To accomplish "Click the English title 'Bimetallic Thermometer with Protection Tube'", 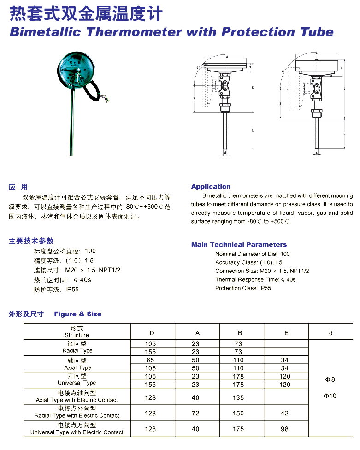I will [x=171, y=32].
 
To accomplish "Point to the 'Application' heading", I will [x=211, y=186].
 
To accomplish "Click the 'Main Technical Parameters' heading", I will [x=239, y=244].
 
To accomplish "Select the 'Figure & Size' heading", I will [x=77, y=314].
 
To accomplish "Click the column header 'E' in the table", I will [x=286, y=333].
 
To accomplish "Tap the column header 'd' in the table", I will [x=330, y=333].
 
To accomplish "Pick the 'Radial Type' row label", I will [x=77, y=351].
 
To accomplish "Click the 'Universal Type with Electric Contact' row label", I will [x=77, y=432].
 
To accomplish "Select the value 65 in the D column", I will [x=150, y=361].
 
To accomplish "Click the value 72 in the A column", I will [x=195, y=413].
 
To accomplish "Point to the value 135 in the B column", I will [x=238, y=397].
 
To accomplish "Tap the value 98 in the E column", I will [x=284, y=429].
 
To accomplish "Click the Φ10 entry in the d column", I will [x=330, y=396].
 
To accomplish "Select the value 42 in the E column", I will [x=284, y=413].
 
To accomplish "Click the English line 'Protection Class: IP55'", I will [x=243, y=288].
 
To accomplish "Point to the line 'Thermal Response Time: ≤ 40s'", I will [x=255, y=279].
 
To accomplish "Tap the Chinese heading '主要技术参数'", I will [x=31, y=241].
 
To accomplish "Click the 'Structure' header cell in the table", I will [x=77, y=335].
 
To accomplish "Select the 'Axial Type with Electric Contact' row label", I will [x=77, y=400].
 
